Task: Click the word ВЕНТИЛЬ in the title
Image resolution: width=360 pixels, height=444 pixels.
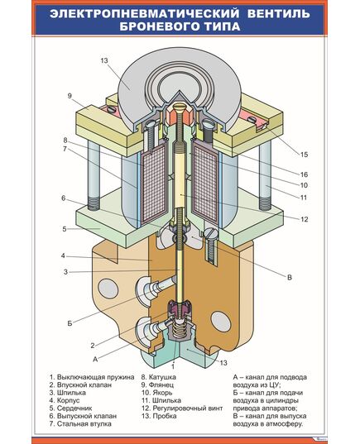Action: click(x=279, y=13)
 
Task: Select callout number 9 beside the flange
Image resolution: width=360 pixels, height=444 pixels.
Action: click(x=70, y=96)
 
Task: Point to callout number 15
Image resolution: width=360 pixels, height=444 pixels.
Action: click(x=304, y=155)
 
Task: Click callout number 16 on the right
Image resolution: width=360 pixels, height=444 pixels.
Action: click(x=304, y=174)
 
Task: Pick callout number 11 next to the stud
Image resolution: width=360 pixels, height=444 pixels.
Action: click(x=304, y=198)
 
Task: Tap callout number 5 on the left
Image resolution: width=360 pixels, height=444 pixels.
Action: click(x=65, y=229)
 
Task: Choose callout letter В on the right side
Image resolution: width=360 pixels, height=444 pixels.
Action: click(x=290, y=278)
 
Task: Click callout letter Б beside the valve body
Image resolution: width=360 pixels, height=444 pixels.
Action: click(x=70, y=323)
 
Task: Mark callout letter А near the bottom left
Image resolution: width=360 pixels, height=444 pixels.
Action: click(x=95, y=359)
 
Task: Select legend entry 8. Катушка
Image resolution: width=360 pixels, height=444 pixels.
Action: click(x=159, y=377)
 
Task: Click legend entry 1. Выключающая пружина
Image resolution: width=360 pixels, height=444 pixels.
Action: click(x=92, y=378)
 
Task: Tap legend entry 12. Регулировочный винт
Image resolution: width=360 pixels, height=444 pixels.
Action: click(x=182, y=408)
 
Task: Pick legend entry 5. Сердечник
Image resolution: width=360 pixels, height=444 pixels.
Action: click(x=71, y=408)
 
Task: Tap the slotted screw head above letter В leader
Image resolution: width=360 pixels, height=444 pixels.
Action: click(x=211, y=233)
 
